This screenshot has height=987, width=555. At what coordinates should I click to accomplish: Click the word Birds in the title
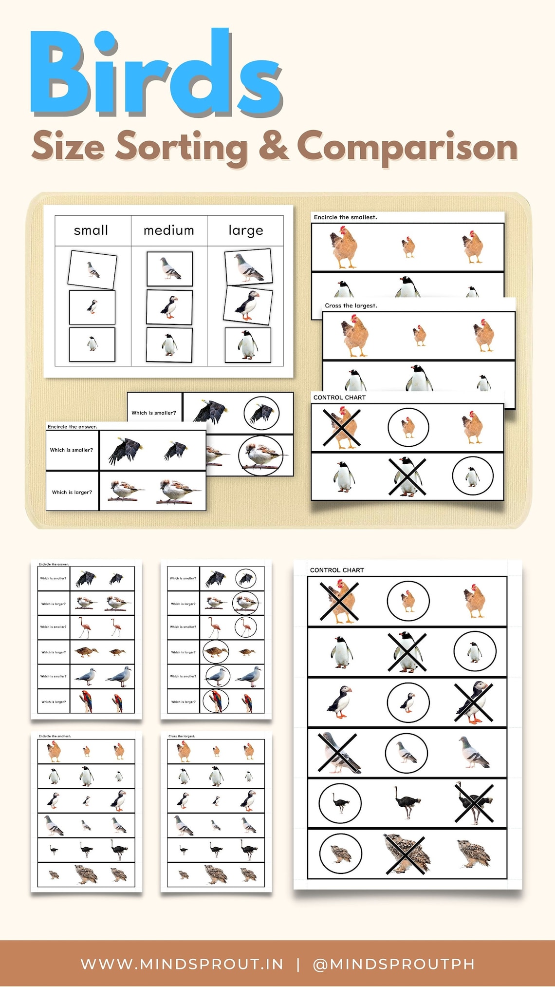tap(156, 73)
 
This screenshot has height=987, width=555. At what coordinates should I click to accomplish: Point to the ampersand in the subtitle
tap(273, 145)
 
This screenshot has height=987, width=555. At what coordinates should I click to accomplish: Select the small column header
tap(91, 230)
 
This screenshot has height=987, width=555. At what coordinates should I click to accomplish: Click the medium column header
tap(168, 230)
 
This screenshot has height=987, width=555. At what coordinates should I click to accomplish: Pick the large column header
tap(246, 230)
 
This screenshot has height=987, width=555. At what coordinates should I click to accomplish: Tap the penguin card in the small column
tap(92, 344)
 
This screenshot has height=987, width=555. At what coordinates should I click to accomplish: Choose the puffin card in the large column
tap(248, 304)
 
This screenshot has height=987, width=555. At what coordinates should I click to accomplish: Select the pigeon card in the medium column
tap(169, 268)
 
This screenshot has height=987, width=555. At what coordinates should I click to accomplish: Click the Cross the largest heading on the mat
tap(351, 305)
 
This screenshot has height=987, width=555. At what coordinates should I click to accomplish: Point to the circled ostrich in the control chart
tap(340, 803)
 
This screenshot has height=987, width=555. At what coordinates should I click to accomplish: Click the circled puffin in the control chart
tap(408, 702)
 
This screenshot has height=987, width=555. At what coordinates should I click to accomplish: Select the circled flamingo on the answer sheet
tap(245, 627)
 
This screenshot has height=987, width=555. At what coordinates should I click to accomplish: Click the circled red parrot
tap(216, 702)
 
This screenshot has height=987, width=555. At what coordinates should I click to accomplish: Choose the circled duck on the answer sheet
tap(216, 652)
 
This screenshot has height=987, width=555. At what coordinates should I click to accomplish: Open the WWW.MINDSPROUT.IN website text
tap(182, 964)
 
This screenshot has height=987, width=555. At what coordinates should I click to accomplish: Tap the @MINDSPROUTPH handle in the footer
tap(393, 964)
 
